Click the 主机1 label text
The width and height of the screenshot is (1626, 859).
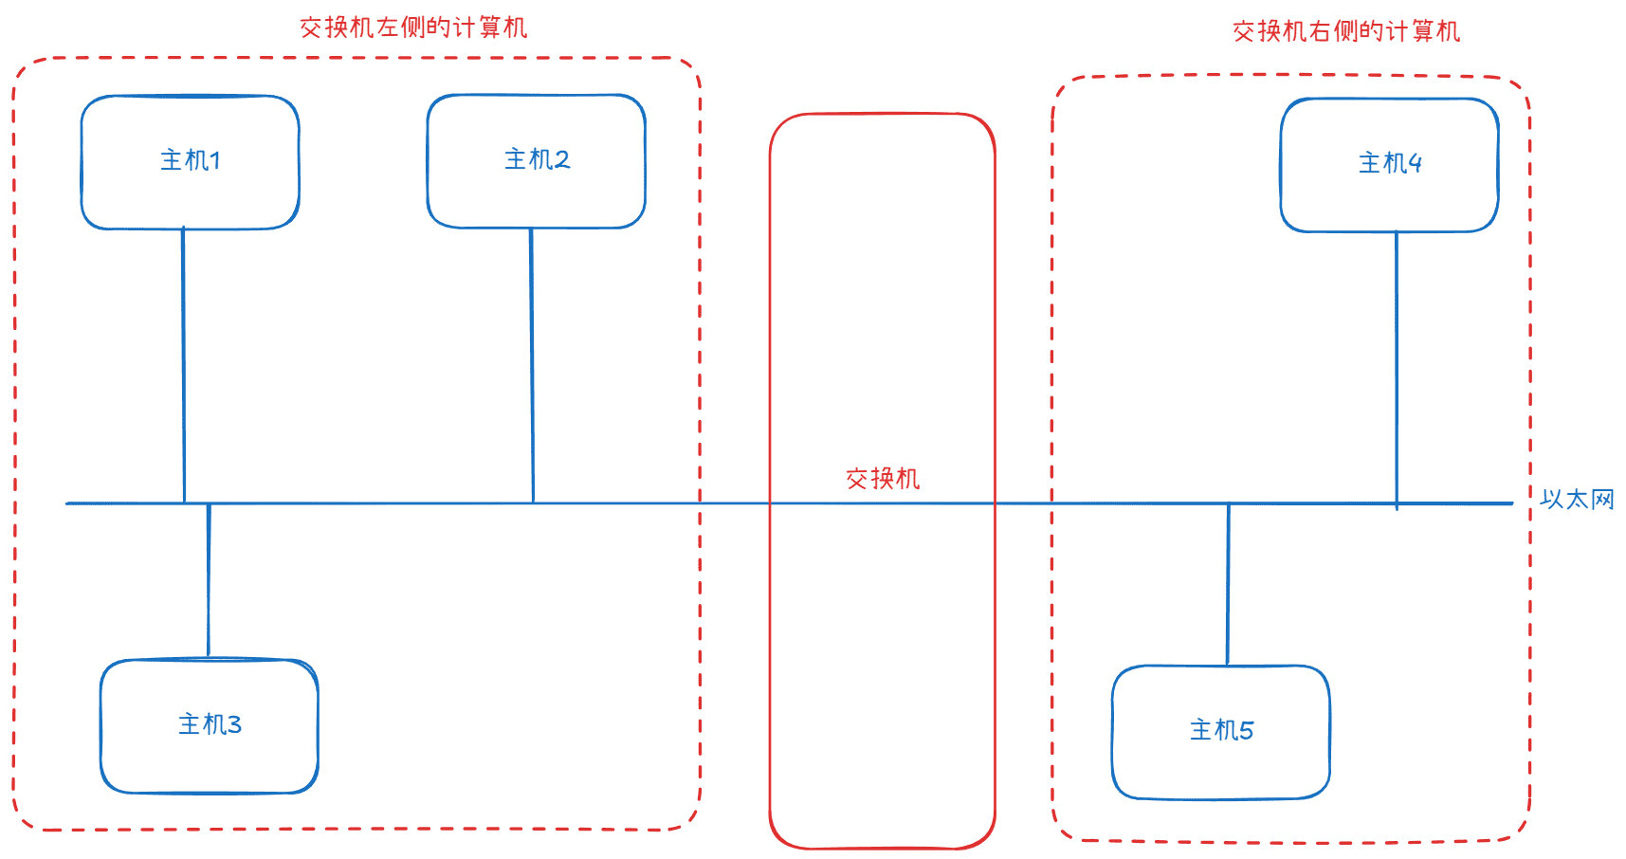[191, 160]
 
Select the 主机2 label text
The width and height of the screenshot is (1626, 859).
[537, 159]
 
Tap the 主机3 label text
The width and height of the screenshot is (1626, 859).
[210, 724]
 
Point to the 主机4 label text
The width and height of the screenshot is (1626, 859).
[1390, 163]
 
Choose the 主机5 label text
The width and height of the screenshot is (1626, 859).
[1221, 730]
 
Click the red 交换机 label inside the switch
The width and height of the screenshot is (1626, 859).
[883, 479]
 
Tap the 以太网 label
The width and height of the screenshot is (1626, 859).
[1578, 500]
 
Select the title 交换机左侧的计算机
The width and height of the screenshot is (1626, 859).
[413, 27]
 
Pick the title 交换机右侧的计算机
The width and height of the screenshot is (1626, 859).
[1346, 31]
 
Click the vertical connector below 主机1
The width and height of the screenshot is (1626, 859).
[183, 365]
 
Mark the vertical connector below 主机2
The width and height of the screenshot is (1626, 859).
[532, 365]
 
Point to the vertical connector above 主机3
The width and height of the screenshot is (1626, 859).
[209, 580]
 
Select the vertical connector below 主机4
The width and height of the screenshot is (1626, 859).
[1397, 370]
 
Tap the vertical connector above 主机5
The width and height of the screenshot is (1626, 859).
[1228, 584]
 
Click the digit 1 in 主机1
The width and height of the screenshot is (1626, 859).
[216, 161]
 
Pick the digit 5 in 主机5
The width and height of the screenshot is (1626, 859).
[1247, 731]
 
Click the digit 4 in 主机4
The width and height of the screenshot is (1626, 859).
[1416, 164]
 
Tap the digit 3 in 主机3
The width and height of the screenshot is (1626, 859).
[235, 725]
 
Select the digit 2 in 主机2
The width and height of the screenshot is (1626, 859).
[562, 160]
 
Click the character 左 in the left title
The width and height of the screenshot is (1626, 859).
[389, 27]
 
